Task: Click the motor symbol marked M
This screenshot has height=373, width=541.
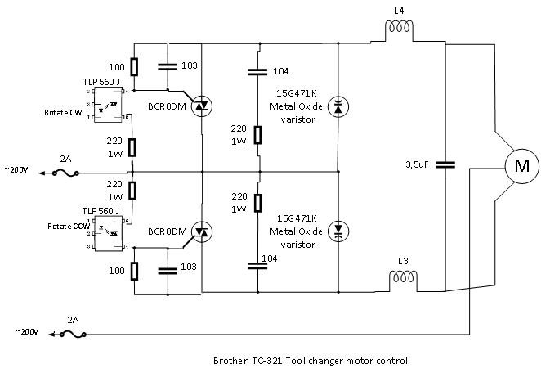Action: click(521, 167)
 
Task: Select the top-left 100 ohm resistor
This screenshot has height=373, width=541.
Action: click(133, 67)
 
